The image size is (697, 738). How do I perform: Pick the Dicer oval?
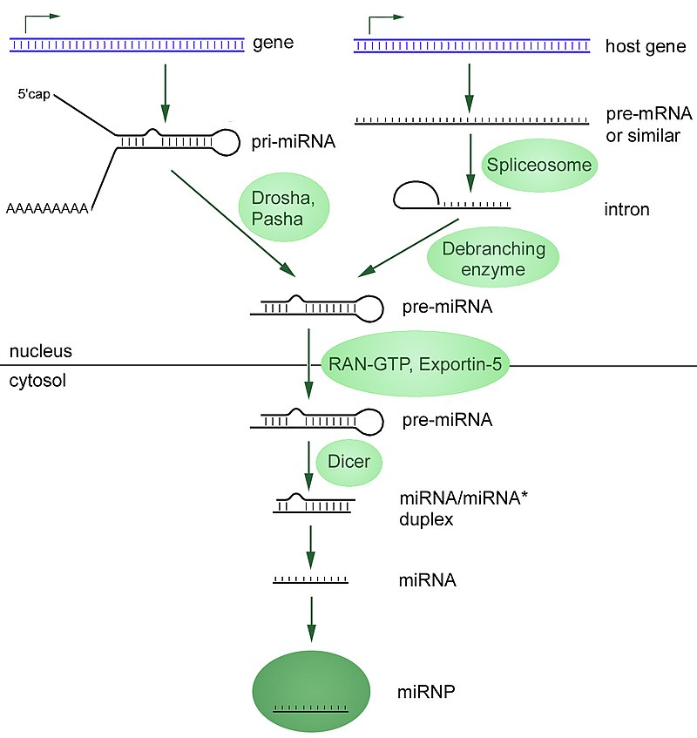pos(349,462)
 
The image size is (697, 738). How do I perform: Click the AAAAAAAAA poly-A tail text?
pos(49,209)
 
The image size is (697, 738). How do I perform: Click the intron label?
pos(626,210)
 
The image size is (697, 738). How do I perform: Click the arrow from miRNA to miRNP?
pos(311,620)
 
